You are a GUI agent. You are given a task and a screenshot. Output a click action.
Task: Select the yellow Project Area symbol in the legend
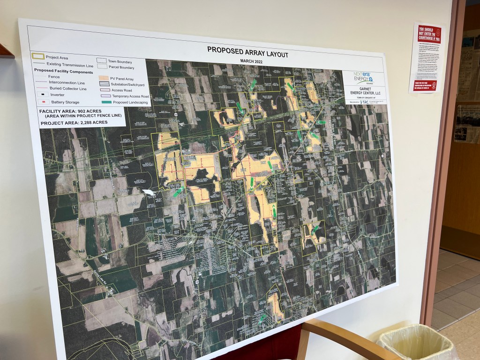click(38, 57)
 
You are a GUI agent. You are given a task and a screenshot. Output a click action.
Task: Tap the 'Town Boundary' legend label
click(121, 62)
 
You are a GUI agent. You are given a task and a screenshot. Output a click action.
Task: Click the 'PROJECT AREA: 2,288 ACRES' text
click(74, 122)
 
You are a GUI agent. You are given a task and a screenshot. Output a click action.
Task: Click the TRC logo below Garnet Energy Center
click(364, 102)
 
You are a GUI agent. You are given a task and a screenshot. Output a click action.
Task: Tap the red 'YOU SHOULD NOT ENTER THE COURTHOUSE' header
click(429, 34)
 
